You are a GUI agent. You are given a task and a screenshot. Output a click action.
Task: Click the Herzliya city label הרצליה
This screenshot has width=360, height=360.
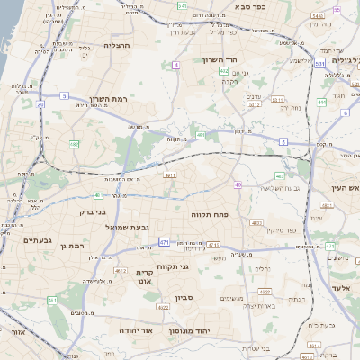118,45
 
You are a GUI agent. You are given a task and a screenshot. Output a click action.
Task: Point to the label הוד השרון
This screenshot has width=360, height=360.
218,61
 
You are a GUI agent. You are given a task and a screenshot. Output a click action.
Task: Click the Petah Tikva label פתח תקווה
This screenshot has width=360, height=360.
209,215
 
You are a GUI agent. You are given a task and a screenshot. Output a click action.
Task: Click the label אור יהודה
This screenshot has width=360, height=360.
137,330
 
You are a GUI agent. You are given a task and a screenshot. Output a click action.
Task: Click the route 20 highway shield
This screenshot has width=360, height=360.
40,105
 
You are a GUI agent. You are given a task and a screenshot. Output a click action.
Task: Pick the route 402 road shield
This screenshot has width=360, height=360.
223,70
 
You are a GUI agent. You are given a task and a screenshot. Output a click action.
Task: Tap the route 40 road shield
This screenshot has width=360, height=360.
238,184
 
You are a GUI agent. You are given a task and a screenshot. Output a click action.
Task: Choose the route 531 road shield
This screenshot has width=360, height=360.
319,64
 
